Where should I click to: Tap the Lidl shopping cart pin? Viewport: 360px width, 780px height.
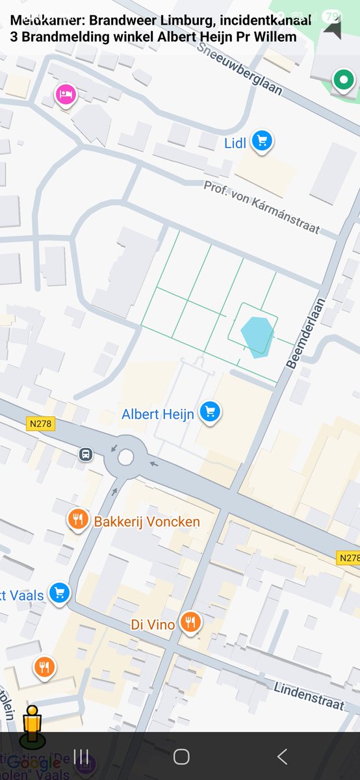pyautogui.click(x=262, y=140)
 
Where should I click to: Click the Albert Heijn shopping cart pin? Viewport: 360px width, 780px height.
pyautogui.click(x=210, y=412)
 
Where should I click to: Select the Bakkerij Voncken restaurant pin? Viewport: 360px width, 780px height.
pyautogui.click(x=78, y=519)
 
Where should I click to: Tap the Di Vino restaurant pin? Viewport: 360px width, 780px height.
pyautogui.click(x=190, y=622)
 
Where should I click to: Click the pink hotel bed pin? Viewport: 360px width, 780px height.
pyautogui.click(x=65, y=95)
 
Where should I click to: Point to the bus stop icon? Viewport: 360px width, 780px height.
pyautogui.click(x=85, y=454)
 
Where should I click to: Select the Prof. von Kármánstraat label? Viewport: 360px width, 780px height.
pyautogui.click(x=261, y=206)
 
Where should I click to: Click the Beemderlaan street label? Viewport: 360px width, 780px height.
pyautogui.click(x=301, y=337)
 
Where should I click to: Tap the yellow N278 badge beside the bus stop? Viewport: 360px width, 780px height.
pyautogui.click(x=42, y=424)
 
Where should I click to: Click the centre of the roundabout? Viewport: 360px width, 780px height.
pyautogui.click(x=125, y=458)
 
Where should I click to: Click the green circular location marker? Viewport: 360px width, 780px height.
pyautogui.click(x=342, y=81)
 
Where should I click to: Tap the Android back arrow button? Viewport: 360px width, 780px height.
pyautogui.click(x=281, y=756)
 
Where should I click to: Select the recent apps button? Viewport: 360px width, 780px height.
pyautogui.click(x=81, y=756)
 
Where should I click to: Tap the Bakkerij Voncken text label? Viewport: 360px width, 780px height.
pyautogui.click(x=147, y=522)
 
